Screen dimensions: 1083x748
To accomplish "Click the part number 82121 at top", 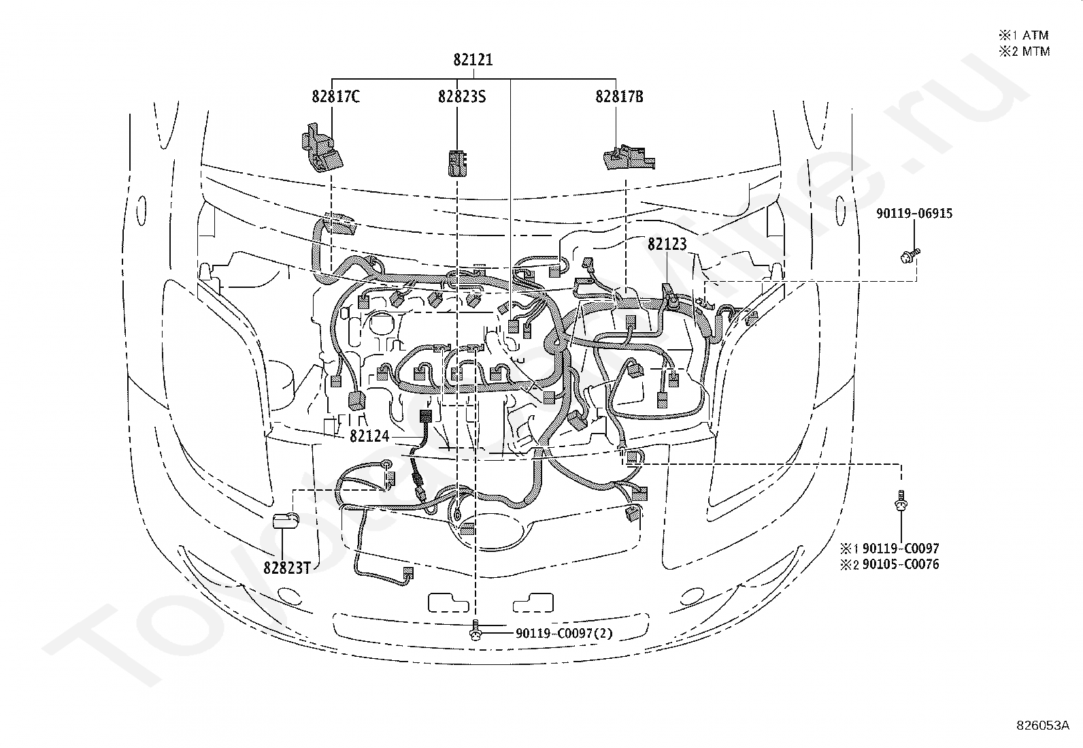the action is [x=473, y=59].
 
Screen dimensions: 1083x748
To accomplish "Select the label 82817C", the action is [x=335, y=97].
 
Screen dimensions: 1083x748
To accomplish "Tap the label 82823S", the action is [x=462, y=97].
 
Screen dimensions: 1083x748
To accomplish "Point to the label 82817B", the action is [x=619, y=97].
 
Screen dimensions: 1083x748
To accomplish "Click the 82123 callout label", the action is [x=667, y=244].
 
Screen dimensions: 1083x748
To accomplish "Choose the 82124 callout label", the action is [x=369, y=436].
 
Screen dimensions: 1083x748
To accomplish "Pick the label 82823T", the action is [x=286, y=568].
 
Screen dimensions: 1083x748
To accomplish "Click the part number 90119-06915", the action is [x=914, y=213].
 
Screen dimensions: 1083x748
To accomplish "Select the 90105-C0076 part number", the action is [x=901, y=564].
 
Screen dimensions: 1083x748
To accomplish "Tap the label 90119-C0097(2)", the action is [x=564, y=633].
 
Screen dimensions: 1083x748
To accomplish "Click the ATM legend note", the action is [x=1024, y=35].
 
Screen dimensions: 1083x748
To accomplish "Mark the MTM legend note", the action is [x=1024, y=51].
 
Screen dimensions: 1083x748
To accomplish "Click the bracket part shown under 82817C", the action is [x=322, y=148].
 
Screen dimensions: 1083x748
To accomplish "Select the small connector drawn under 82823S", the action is [x=457, y=163].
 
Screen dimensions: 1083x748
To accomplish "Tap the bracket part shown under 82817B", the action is [x=629, y=157].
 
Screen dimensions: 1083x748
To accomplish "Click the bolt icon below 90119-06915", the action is [x=910, y=255].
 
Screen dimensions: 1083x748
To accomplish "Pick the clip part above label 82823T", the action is [x=286, y=520].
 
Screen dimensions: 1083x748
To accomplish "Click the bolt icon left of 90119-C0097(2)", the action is [x=476, y=630].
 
